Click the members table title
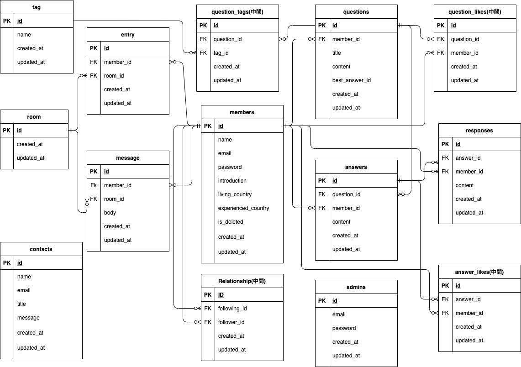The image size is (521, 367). coord(242,112)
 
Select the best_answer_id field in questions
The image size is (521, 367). coord(351,80)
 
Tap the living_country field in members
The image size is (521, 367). coord(235,194)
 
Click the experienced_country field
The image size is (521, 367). coord(243,208)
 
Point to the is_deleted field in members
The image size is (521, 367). coord(231,222)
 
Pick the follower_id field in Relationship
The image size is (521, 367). coord(231,322)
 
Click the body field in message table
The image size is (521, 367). coord(110,213)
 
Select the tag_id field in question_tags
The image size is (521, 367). coord(221,53)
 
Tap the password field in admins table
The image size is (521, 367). coord(344,328)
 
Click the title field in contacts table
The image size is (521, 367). coord(21,304)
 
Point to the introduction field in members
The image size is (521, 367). coord(232,181)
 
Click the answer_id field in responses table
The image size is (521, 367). coord(468,158)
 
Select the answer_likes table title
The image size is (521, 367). coord(479,272)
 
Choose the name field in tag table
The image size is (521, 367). coord(24,35)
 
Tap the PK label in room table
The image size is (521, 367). coord(6,131)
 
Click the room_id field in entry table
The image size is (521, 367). coord(114,76)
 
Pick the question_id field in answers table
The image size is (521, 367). coord(346,194)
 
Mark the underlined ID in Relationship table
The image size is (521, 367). coord(221,295)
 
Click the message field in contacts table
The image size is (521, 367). coord(28,318)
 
